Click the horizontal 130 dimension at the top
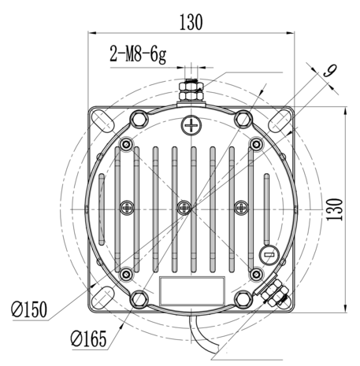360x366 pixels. (191, 22)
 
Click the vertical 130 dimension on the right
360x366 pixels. (335, 209)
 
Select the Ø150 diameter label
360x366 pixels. (29, 309)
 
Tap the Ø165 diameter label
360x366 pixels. (89, 338)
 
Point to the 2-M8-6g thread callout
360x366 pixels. (138, 54)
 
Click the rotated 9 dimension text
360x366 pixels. (330, 71)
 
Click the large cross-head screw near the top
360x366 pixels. (191, 125)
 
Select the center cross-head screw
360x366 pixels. (184, 208)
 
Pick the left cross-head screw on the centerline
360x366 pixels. (128, 208)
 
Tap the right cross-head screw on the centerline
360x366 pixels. (241, 208)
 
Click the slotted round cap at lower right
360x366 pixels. (269, 255)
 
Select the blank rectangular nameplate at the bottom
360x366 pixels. (192, 290)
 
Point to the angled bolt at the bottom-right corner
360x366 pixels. (275, 292)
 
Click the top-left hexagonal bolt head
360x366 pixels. (139, 119)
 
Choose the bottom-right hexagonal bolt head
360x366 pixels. (243, 300)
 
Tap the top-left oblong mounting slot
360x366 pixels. (103, 120)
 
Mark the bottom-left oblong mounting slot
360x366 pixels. (103, 298)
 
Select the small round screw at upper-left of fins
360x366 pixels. (127, 144)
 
